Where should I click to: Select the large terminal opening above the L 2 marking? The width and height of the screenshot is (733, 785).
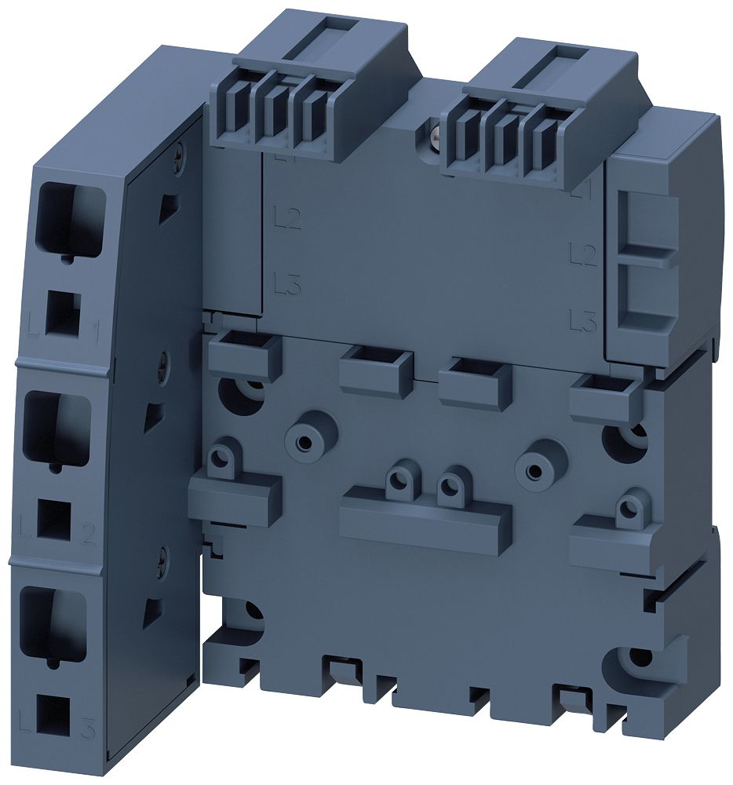(57, 426)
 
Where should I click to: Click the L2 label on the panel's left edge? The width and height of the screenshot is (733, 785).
(287, 217)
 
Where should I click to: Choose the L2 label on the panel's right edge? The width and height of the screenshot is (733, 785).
(582, 253)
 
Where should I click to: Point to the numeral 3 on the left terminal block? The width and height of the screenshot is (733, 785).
(87, 729)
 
